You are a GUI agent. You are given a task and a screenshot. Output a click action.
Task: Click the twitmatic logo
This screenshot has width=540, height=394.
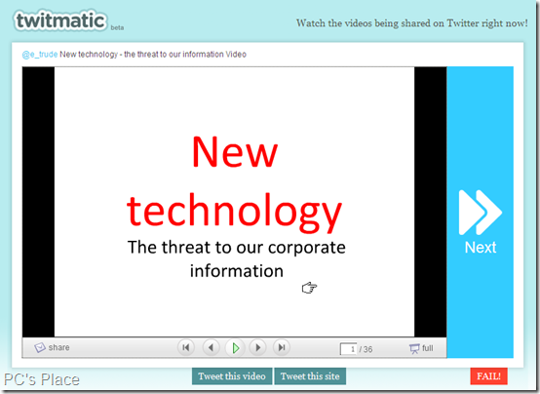(60, 20)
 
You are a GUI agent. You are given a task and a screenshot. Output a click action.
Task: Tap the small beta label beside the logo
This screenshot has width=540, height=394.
(117, 28)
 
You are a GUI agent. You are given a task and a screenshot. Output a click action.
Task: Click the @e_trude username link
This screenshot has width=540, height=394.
(40, 55)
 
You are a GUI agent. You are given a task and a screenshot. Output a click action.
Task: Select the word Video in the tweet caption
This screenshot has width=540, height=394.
(236, 55)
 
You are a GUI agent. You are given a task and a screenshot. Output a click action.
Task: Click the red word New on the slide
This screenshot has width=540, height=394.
(235, 152)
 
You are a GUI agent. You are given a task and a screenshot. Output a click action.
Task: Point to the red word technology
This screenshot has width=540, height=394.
(234, 211)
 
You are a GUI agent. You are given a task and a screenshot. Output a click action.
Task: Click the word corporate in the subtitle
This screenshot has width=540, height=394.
(306, 248)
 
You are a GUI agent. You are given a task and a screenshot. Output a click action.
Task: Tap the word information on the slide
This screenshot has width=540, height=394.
(237, 270)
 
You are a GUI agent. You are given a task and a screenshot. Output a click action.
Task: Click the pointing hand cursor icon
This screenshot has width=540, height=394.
(309, 288)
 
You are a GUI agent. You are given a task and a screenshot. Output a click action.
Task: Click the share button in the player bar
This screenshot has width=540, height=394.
(52, 347)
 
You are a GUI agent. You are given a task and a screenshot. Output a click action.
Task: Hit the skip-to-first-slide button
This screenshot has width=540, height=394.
(186, 347)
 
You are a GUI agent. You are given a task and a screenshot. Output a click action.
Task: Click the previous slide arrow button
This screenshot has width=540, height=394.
(212, 347)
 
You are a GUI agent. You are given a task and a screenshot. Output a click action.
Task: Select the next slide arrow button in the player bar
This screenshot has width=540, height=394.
(258, 347)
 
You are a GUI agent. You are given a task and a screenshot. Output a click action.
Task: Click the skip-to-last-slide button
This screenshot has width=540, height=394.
(282, 347)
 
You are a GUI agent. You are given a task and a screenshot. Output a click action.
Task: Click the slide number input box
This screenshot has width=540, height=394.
(348, 349)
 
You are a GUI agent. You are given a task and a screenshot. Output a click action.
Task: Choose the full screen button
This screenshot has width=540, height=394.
(421, 348)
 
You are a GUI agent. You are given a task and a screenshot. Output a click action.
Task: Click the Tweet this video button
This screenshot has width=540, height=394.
(232, 376)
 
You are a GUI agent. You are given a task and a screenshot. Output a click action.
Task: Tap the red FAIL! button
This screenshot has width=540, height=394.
(488, 375)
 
